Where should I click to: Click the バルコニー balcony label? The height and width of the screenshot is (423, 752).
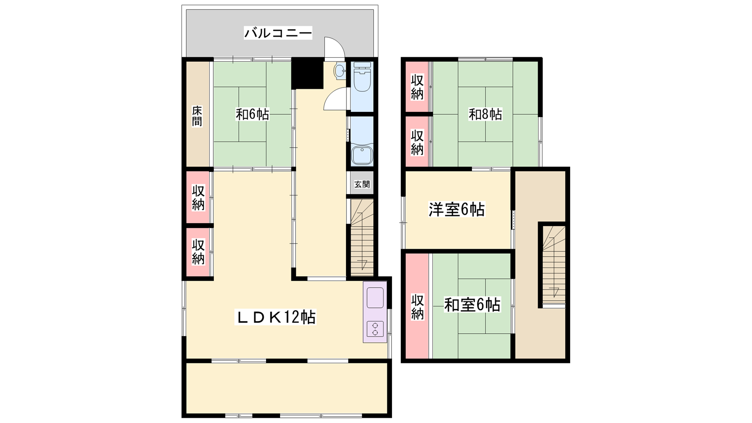[x=278, y=33]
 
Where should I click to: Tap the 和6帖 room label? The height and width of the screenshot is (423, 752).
[x=252, y=115]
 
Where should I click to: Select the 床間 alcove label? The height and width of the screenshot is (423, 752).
[x=197, y=116]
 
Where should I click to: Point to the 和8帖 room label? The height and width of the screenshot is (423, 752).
[x=485, y=115]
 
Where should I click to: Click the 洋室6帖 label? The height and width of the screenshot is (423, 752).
[x=456, y=210]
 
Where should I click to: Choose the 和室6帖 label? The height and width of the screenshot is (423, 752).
[x=472, y=305]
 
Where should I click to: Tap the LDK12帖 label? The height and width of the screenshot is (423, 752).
[x=275, y=317]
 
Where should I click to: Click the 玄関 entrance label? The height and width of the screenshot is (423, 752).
[x=362, y=184]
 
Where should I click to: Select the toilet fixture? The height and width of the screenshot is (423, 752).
[x=362, y=77]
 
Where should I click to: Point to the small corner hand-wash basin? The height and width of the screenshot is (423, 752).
[x=339, y=71]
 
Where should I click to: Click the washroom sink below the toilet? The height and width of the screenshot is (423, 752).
[x=362, y=155]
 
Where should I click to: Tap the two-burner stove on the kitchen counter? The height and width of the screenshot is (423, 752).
[x=375, y=329]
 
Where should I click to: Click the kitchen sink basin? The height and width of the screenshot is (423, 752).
[x=375, y=298]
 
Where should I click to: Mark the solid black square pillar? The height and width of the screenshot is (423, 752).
[x=307, y=73]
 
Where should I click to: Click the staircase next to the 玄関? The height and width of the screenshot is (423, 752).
[x=362, y=237]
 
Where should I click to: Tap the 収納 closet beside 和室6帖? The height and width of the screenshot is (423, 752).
[x=417, y=306]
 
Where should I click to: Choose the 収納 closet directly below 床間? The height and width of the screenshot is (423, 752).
[x=198, y=197]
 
